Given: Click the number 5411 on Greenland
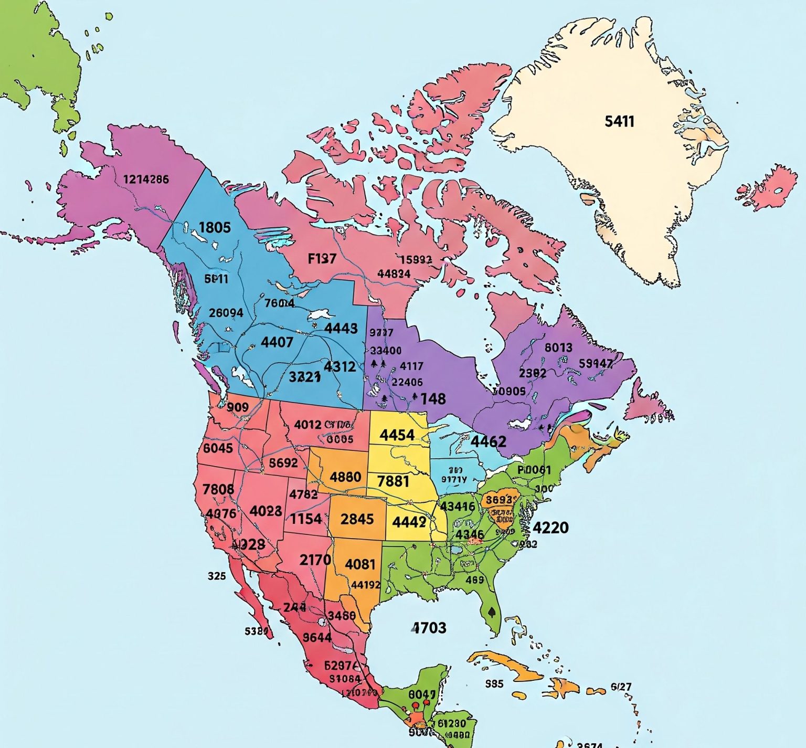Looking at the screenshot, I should pyautogui.click(x=619, y=121).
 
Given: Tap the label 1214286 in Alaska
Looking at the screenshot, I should pyautogui.click(x=146, y=180).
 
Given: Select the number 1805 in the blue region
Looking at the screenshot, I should pyautogui.click(x=215, y=227).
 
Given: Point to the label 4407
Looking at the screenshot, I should pyautogui.click(x=277, y=342).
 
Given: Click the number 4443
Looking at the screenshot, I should pyautogui.click(x=341, y=328).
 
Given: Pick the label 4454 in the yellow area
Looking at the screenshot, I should pyautogui.click(x=397, y=435).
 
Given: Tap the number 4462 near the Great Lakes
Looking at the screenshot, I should pyautogui.click(x=488, y=441).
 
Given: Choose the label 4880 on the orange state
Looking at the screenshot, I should pyautogui.click(x=345, y=477).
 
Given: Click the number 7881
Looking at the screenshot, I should pyautogui.click(x=393, y=481).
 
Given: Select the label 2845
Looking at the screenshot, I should pyautogui.click(x=357, y=519).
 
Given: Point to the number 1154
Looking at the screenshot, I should pyautogui.click(x=306, y=519).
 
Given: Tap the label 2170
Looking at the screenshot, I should pyautogui.click(x=315, y=560).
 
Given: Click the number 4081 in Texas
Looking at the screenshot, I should pyautogui.click(x=360, y=564).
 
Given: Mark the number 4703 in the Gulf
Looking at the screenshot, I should pyautogui.click(x=429, y=627).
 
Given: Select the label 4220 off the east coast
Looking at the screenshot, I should pyautogui.click(x=550, y=527).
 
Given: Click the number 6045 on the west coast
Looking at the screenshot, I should pyautogui.click(x=218, y=448).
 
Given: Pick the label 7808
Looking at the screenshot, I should pyautogui.click(x=218, y=489).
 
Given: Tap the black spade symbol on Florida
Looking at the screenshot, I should pyautogui.click(x=492, y=612).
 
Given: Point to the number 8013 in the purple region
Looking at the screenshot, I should pyautogui.click(x=558, y=347).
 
